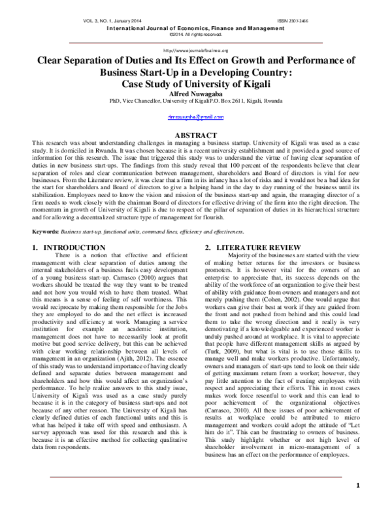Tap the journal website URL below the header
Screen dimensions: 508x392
(x=196, y=50)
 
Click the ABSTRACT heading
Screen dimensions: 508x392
(x=196, y=135)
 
